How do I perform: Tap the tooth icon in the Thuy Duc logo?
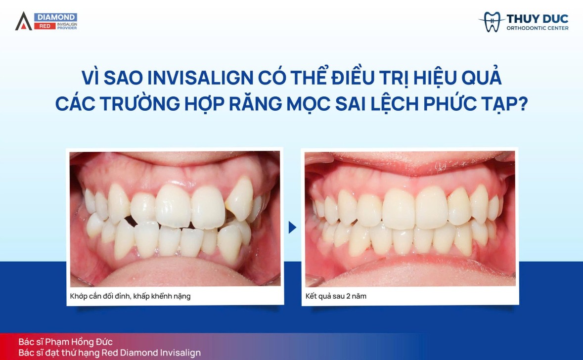492,22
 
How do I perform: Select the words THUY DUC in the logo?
537,19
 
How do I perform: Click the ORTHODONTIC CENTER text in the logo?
537,28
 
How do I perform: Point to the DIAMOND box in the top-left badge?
55,17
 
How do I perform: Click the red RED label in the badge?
45,26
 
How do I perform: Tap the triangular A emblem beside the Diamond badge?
23,21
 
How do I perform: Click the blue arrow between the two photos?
292,227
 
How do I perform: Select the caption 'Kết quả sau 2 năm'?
336,297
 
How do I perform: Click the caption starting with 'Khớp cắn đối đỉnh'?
131,297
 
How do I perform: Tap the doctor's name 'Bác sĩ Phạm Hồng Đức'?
66,342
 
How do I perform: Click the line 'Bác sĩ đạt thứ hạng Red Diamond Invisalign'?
110,353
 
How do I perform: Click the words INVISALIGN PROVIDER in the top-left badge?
67,26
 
